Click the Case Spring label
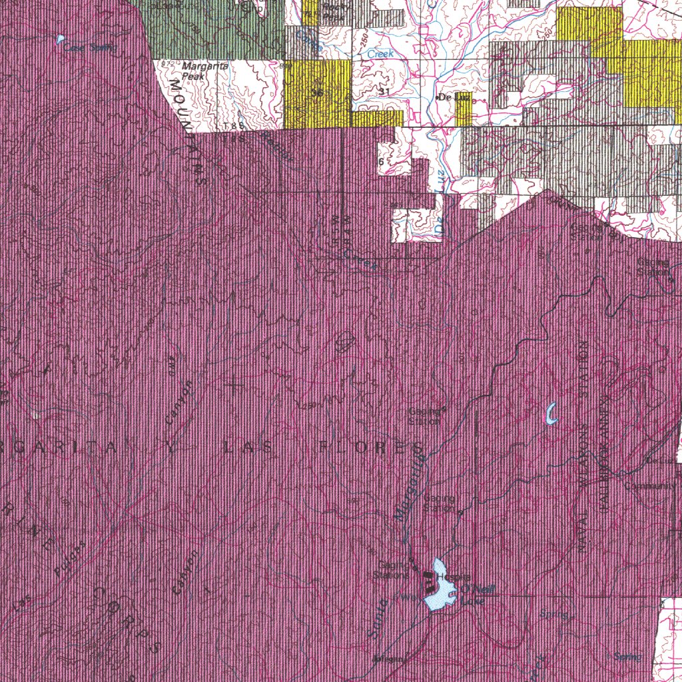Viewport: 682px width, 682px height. [x=91, y=47]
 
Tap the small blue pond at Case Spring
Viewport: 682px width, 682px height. [x=61, y=39]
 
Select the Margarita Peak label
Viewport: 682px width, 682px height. [x=194, y=71]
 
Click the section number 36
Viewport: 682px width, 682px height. [x=317, y=93]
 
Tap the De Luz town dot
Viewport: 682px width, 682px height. [x=438, y=98]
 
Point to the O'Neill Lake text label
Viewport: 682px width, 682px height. [x=474, y=594]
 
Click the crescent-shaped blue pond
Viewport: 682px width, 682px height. [x=551, y=414]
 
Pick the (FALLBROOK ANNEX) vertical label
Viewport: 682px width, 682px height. [x=607, y=434]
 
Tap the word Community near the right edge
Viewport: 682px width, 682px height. [x=649, y=486]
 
